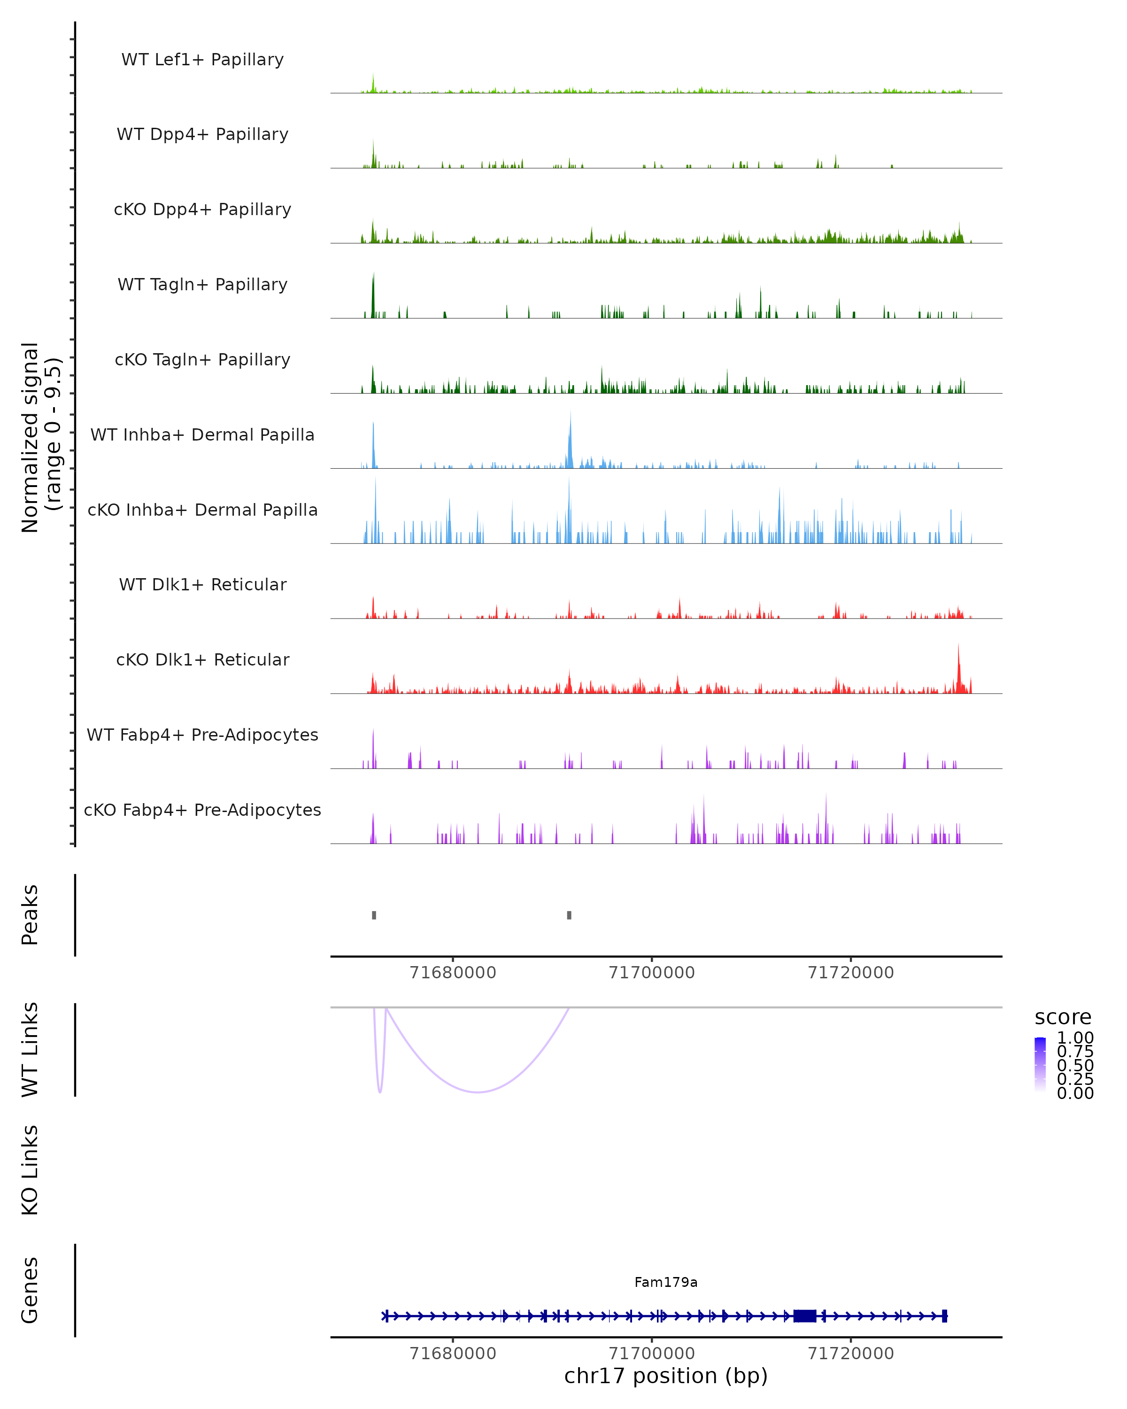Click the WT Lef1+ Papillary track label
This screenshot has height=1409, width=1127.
[202, 60]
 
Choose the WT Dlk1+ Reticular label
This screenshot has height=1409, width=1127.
[202, 584]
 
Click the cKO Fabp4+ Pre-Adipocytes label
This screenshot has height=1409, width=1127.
[202, 810]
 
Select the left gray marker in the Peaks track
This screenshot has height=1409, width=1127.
[374, 915]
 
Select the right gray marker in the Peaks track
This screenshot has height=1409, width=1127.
[569, 915]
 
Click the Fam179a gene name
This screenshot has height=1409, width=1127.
[666, 1282]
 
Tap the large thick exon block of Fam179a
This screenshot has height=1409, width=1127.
[804, 1316]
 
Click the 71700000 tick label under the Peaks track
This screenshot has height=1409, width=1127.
[651, 973]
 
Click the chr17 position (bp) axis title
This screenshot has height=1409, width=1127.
[666, 1376]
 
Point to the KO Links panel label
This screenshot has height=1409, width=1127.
[30, 1170]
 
